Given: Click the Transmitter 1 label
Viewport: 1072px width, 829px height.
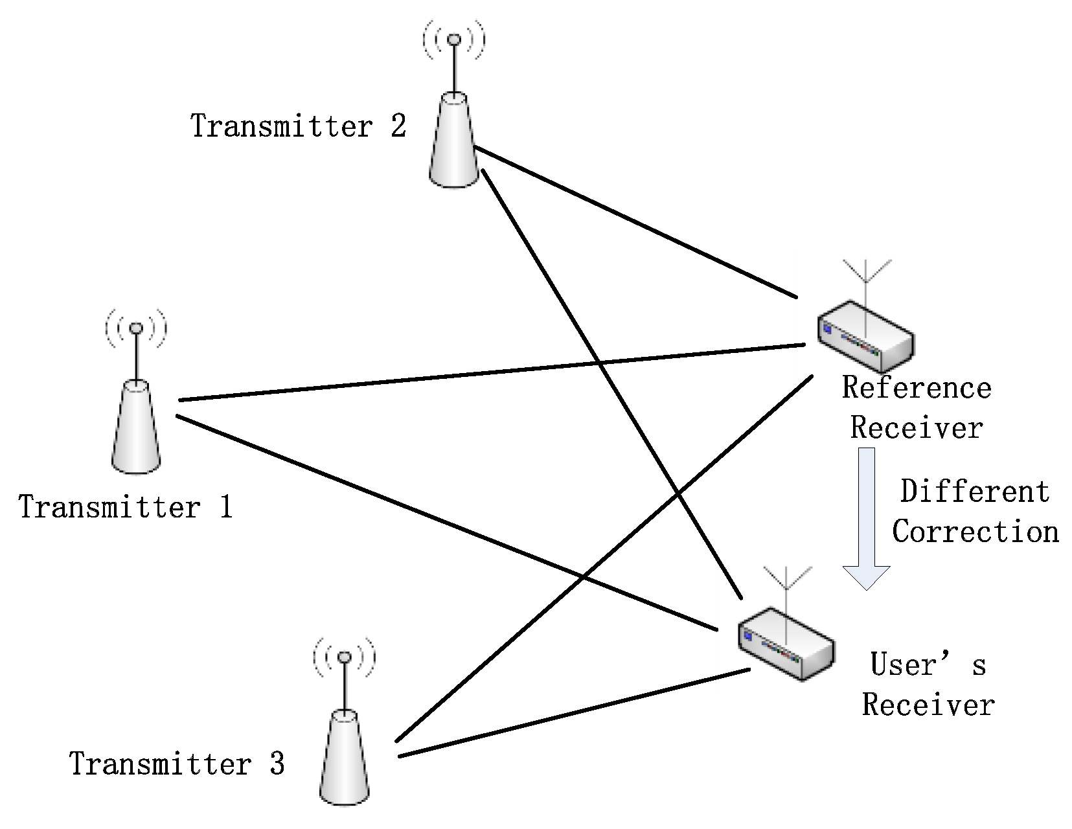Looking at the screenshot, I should [125, 507].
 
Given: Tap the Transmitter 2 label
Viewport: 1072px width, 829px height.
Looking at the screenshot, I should [298, 126].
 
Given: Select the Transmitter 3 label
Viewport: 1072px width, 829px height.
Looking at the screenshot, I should [177, 764].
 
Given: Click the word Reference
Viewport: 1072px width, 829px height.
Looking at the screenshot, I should [916, 389].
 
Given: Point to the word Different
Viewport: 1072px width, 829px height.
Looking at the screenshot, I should [974, 492].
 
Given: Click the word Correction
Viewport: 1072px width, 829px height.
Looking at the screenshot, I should [975, 532].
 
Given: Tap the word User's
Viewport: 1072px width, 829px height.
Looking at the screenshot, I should [927, 665].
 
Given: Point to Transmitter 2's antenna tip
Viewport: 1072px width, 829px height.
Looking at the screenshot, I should [454, 40].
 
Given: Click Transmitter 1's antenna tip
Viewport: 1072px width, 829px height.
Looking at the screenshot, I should [135, 328].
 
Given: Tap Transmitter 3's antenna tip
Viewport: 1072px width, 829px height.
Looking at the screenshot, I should [345, 657].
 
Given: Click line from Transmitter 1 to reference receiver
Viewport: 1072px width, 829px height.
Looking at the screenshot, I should [492, 373].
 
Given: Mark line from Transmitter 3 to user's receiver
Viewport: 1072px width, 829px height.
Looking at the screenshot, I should [573, 713].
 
